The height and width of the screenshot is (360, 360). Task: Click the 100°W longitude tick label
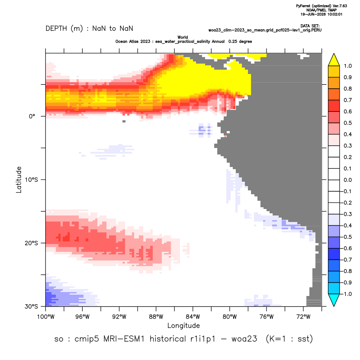[46, 317]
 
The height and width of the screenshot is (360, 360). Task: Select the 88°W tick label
[156, 317]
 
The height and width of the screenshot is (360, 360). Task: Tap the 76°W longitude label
[267, 317]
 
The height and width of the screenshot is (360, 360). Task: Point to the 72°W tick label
[303, 317]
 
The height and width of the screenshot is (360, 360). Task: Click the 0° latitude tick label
[32, 116]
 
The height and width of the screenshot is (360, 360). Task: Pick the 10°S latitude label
[31, 180]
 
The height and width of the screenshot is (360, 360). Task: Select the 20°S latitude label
[31, 243]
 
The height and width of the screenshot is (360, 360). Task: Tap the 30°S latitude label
[31, 306]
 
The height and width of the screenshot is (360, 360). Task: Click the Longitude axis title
[183, 325]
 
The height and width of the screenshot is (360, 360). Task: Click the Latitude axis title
[19, 180]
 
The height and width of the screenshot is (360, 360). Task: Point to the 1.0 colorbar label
[347, 66]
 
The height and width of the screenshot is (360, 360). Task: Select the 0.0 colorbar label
[347, 180]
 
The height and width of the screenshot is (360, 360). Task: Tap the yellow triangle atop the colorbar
[334, 60]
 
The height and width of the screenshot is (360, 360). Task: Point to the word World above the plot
[183, 37]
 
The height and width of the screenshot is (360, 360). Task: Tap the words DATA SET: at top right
[310, 26]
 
